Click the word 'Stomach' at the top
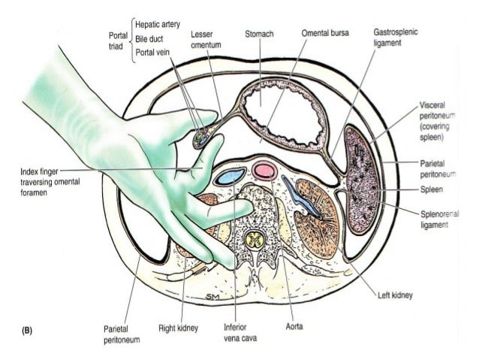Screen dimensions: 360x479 tap(258, 34)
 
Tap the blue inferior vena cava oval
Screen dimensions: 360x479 tap(229, 178)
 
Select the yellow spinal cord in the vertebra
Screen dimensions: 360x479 tap(256, 241)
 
